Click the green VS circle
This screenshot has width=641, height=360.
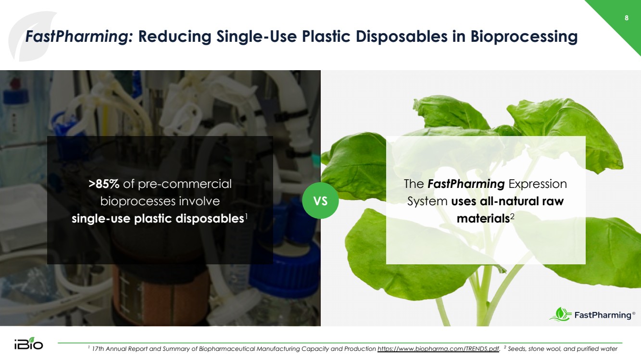(x=320, y=201)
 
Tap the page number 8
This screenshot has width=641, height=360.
(x=627, y=18)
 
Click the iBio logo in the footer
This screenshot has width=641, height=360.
(x=29, y=343)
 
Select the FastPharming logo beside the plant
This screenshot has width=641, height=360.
(x=592, y=314)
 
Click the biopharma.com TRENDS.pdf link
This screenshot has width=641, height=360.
(x=439, y=349)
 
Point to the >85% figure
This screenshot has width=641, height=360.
(x=104, y=184)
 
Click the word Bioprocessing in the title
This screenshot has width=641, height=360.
(x=524, y=37)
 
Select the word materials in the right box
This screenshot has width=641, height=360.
(x=483, y=219)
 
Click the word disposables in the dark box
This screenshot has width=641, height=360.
(x=210, y=219)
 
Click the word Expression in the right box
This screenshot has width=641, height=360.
(x=538, y=185)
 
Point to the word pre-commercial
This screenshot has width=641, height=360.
(x=185, y=185)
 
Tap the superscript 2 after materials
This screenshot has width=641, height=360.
(x=512, y=216)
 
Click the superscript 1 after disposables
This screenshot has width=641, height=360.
(x=246, y=216)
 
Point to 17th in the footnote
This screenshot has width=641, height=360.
(x=98, y=349)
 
